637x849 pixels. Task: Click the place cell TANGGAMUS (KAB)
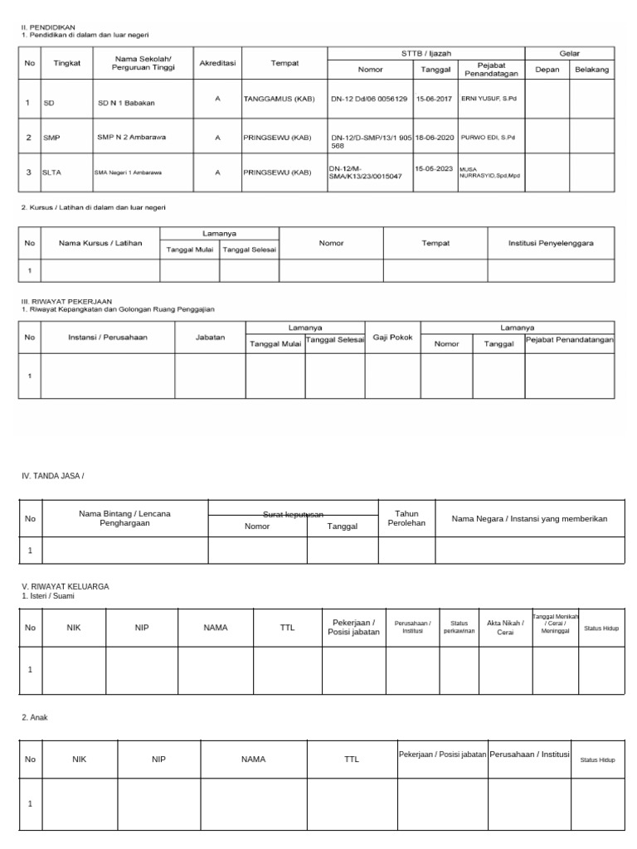[x=277, y=98]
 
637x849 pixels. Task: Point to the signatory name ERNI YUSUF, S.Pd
[x=488, y=98]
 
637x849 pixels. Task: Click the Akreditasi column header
[x=217, y=63]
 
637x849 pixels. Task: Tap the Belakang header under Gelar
[x=592, y=70]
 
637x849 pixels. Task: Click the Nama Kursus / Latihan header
[x=100, y=243]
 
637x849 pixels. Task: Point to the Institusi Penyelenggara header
[x=550, y=243]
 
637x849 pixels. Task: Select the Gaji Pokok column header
[x=392, y=337]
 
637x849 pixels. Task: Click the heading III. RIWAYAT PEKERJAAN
[x=66, y=301]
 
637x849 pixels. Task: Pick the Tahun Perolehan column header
[x=406, y=518]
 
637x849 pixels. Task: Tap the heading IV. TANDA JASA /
[x=53, y=475]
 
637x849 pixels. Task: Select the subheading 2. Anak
[x=35, y=716]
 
